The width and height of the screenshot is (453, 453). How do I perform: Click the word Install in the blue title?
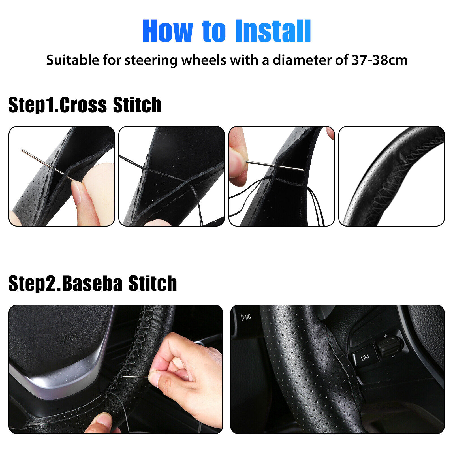273,31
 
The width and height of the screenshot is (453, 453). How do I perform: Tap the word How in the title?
167,31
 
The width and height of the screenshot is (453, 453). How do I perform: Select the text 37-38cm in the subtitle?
379,60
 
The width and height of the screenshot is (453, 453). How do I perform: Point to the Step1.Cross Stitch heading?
85,105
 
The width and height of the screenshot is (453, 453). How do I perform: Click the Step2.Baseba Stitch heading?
93,283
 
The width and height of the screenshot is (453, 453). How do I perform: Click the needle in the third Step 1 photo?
275,166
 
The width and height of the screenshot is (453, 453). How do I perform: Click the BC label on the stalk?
246,317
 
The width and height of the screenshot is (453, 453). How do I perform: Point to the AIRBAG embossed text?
69,338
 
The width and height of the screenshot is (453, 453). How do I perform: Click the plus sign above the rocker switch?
386,336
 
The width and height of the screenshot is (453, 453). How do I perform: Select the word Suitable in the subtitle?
73,60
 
